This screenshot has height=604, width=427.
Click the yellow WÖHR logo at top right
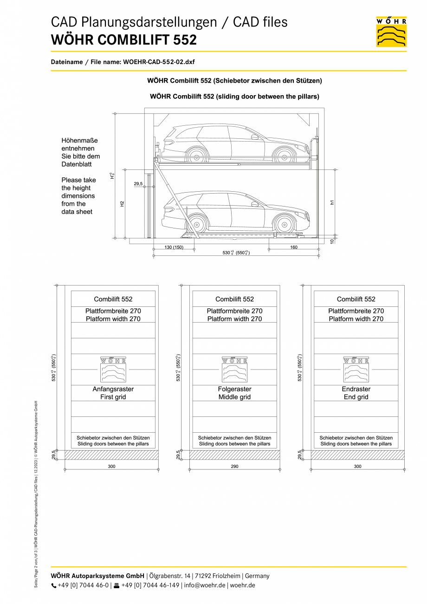pyautogui.click(x=391, y=32)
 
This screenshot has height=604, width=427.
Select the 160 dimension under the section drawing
pyautogui.click(x=293, y=247)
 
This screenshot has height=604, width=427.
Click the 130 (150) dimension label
pyautogui.click(x=174, y=247)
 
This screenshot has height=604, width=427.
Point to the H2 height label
pyautogui.click(x=122, y=204)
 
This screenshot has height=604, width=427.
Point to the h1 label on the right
pyautogui.click(x=332, y=202)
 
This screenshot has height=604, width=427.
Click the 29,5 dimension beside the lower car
pyautogui.click(x=138, y=184)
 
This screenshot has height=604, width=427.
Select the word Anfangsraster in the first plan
pyautogui.click(x=113, y=389)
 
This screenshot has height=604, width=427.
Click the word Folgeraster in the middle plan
pyautogui.click(x=234, y=389)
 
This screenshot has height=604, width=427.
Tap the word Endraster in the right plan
pyautogui.click(x=356, y=389)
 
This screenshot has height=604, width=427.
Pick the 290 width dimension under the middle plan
pyautogui.click(x=234, y=466)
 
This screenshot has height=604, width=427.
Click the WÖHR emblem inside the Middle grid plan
pyautogui.click(x=234, y=369)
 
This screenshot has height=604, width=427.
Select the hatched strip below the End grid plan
pyautogui.click(x=357, y=455)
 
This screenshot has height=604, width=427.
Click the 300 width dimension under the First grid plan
pyautogui.click(x=111, y=466)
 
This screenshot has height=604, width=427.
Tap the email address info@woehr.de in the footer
pyautogui.click(x=205, y=585)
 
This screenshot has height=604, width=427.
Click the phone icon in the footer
pyautogui.click(x=54, y=586)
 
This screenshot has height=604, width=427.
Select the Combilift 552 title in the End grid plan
pyautogui.click(x=356, y=299)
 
